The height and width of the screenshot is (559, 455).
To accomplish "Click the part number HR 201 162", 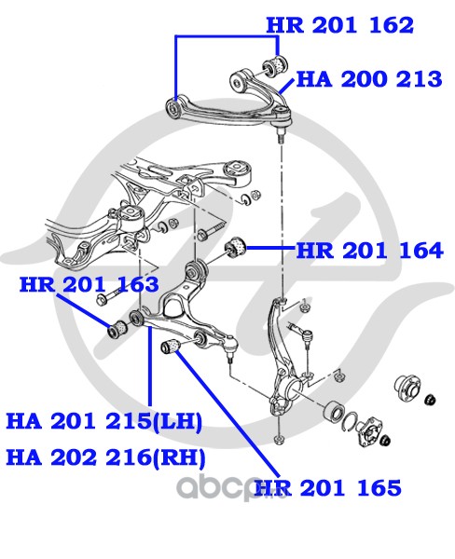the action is [340, 25].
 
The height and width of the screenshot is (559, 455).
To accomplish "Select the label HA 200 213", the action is [369, 79].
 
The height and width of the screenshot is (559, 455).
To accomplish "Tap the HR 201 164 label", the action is [370, 251].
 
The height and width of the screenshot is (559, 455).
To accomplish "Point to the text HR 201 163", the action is [90, 284].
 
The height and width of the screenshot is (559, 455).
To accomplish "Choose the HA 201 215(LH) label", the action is [104, 421].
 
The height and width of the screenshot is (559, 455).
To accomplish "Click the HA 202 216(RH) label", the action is [106, 457].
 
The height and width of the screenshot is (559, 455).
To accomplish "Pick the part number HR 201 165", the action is [328, 487].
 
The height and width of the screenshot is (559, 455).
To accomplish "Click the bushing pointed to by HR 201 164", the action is [235, 246].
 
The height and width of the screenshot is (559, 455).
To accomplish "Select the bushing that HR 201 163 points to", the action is [117, 330].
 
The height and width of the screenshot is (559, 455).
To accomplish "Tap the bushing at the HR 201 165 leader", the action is [172, 346].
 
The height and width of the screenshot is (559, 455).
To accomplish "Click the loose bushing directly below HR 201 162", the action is [275, 65].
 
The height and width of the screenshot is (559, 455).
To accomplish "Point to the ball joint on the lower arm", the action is [230, 346].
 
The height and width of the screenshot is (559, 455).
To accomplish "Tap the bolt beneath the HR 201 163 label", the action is [111, 296].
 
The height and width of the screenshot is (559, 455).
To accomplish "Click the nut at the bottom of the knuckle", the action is [279, 439].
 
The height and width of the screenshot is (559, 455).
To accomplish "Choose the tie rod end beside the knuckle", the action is [301, 331].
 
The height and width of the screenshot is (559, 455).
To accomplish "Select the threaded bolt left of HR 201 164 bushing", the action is [212, 230].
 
